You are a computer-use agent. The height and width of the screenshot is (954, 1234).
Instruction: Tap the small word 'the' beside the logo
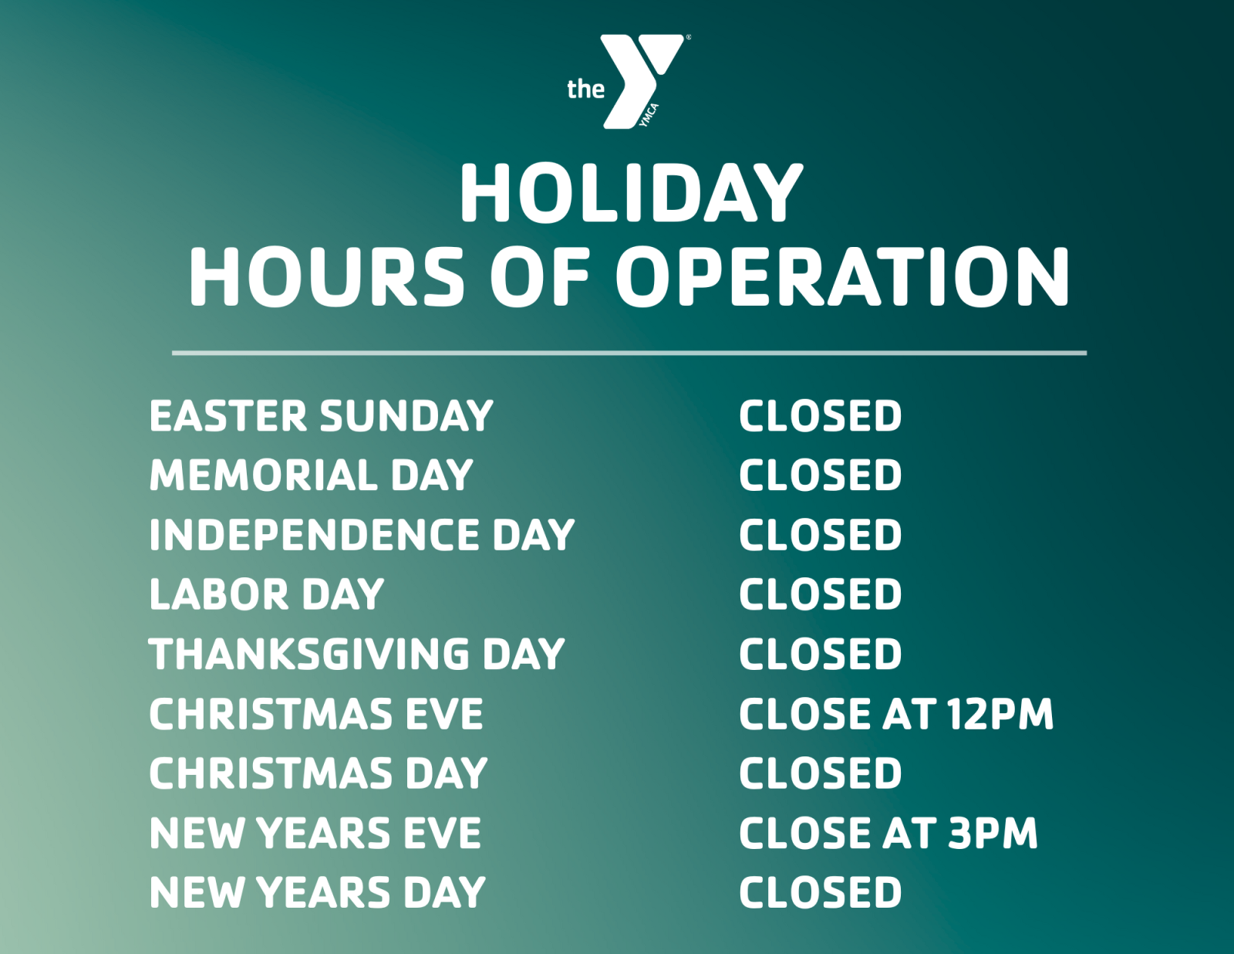(x=585, y=90)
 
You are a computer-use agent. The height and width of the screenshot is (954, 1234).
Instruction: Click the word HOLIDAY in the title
(x=631, y=193)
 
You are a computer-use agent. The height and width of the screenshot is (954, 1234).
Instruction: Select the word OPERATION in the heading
(x=842, y=277)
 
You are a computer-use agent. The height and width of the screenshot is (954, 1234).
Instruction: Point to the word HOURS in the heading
(x=326, y=277)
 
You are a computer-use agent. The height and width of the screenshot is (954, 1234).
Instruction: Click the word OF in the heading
(x=540, y=277)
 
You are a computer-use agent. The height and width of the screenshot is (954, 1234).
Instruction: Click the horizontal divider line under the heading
(x=629, y=353)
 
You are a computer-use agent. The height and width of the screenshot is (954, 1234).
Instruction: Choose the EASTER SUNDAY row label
(x=321, y=416)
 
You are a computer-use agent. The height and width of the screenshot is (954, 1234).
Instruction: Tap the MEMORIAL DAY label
(x=311, y=475)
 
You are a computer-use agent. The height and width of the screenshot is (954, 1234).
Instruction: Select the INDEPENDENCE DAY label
(x=362, y=535)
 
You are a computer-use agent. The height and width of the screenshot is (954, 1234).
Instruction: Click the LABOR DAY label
(x=266, y=594)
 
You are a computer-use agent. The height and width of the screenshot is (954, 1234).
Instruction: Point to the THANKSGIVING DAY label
(x=356, y=654)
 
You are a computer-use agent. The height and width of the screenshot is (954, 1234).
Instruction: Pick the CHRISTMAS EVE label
(x=315, y=714)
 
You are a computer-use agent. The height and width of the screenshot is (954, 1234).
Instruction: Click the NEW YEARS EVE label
(x=315, y=833)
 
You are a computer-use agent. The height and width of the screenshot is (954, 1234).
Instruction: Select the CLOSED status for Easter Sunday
(x=820, y=416)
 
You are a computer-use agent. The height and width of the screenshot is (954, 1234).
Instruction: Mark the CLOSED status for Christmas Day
(x=820, y=773)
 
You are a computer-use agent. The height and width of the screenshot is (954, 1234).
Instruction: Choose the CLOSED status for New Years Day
(x=820, y=892)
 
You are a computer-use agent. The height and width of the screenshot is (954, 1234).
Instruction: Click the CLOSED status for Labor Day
(x=820, y=594)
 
